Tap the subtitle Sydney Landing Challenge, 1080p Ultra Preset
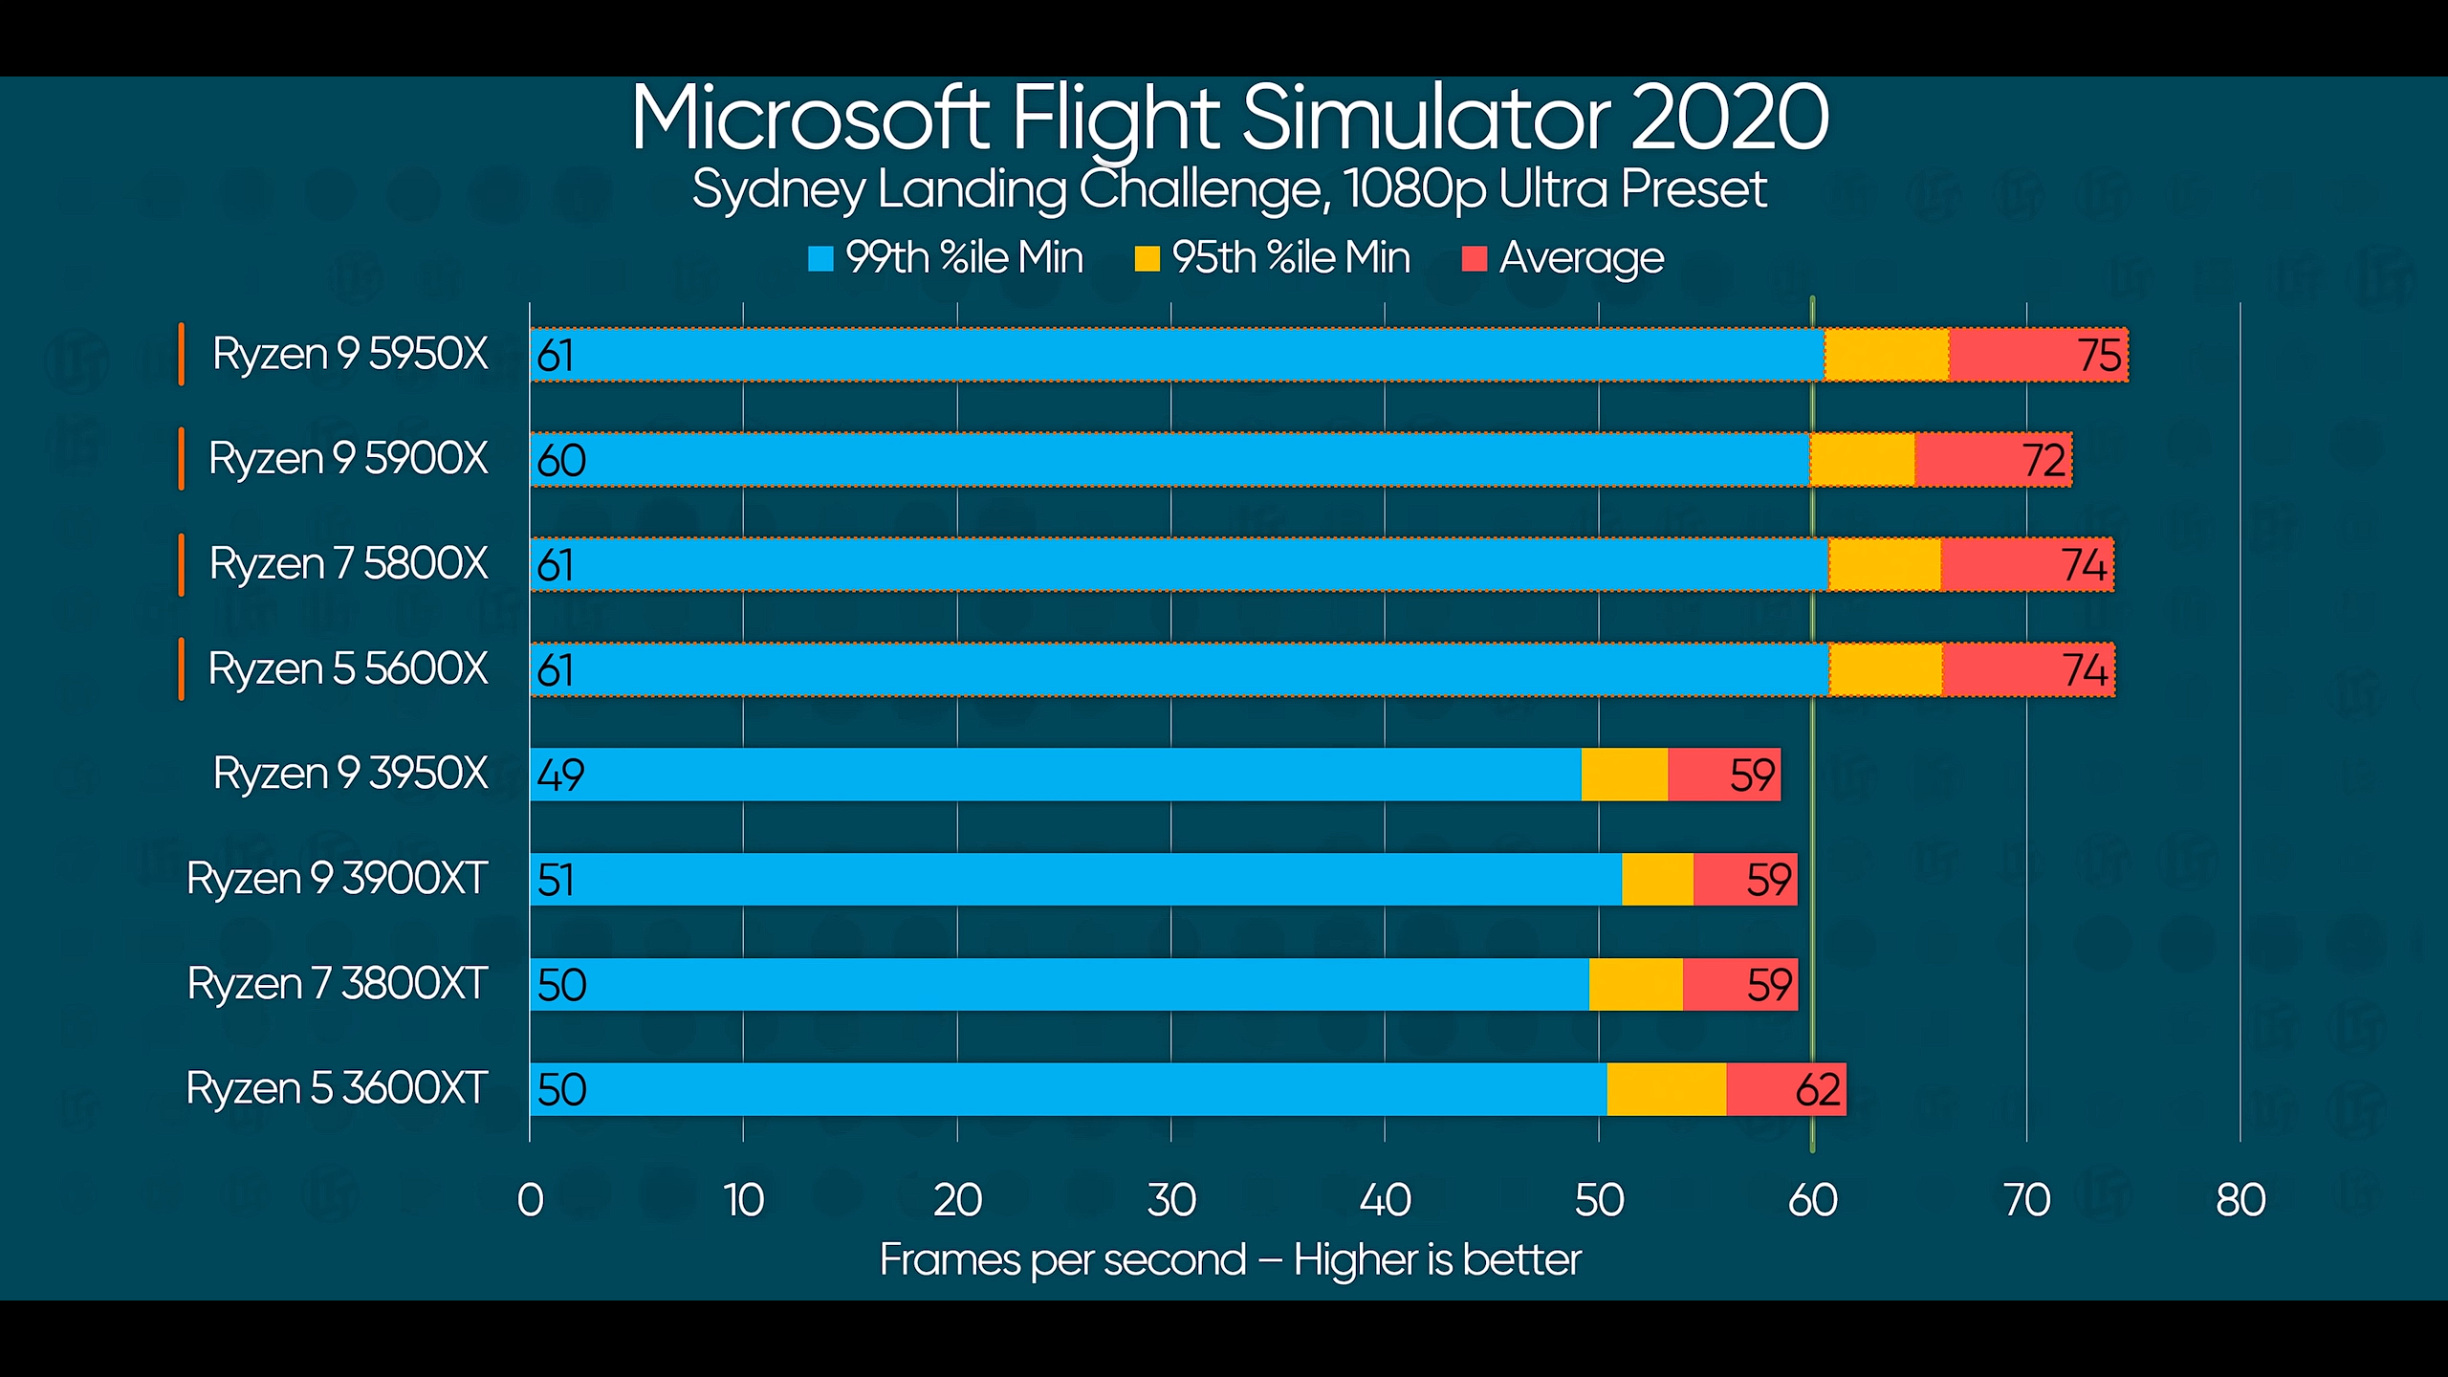tap(1229, 189)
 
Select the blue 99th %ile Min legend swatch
tap(820, 259)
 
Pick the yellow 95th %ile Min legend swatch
tap(1147, 259)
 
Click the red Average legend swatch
tap(1474, 259)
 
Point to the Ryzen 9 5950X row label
tap(350, 354)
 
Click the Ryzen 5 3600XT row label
tap(337, 1088)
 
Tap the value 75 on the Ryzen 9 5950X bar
tap(2100, 356)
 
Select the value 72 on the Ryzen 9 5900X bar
tap(2044, 461)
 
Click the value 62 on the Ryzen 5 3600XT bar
tap(1818, 1090)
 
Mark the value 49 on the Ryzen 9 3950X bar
tap(560, 775)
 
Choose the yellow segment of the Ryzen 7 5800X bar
tap(1884, 565)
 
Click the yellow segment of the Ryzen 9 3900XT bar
tap(1657, 880)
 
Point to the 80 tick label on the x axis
tap(2240, 1200)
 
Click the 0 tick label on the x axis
tap(530, 1200)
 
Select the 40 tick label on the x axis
tap(1385, 1200)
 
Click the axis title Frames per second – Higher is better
tap(1230, 1260)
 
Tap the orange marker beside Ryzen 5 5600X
tap(181, 669)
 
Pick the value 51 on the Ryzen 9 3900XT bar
tap(556, 880)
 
